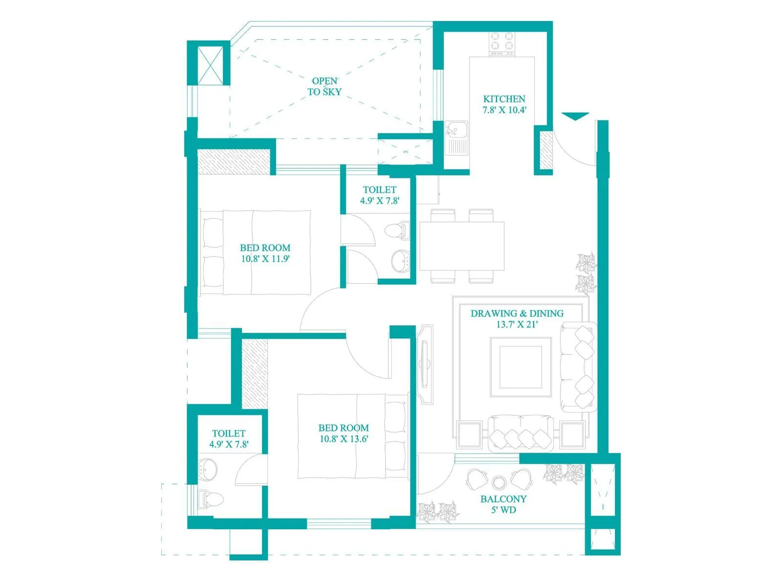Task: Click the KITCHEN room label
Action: pyautogui.click(x=504, y=99)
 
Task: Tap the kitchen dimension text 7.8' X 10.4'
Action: pyautogui.click(x=504, y=110)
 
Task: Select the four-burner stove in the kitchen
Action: pyautogui.click(x=502, y=43)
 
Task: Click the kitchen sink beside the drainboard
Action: pyautogui.click(x=456, y=130)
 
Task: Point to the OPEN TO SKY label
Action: pyautogui.click(x=325, y=86)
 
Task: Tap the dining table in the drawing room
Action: pyautogui.click(x=462, y=246)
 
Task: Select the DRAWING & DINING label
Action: pyautogui.click(x=517, y=313)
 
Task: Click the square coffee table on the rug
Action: pyautogui.click(x=521, y=366)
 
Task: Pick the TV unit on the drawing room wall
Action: pyautogui.click(x=426, y=364)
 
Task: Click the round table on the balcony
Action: pyautogui.click(x=499, y=483)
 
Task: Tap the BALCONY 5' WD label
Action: pyautogui.click(x=503, y=504)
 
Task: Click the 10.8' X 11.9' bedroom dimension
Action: pyautogui.click(x=265, y=259)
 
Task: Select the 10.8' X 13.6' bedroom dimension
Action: pyautogui.click(x=343, y=439)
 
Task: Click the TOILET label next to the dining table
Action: pyautogui.click(x=379, y=189)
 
